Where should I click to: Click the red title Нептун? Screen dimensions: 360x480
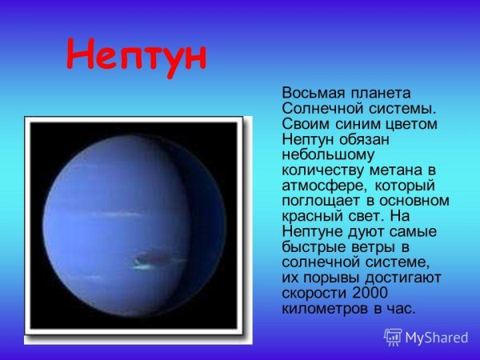click(137, 55)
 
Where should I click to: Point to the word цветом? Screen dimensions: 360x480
click(410, 124)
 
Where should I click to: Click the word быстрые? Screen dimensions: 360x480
click(312, 247)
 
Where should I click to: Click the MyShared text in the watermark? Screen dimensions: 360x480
click(437, 337)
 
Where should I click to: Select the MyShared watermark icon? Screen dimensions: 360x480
click(394, 337)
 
